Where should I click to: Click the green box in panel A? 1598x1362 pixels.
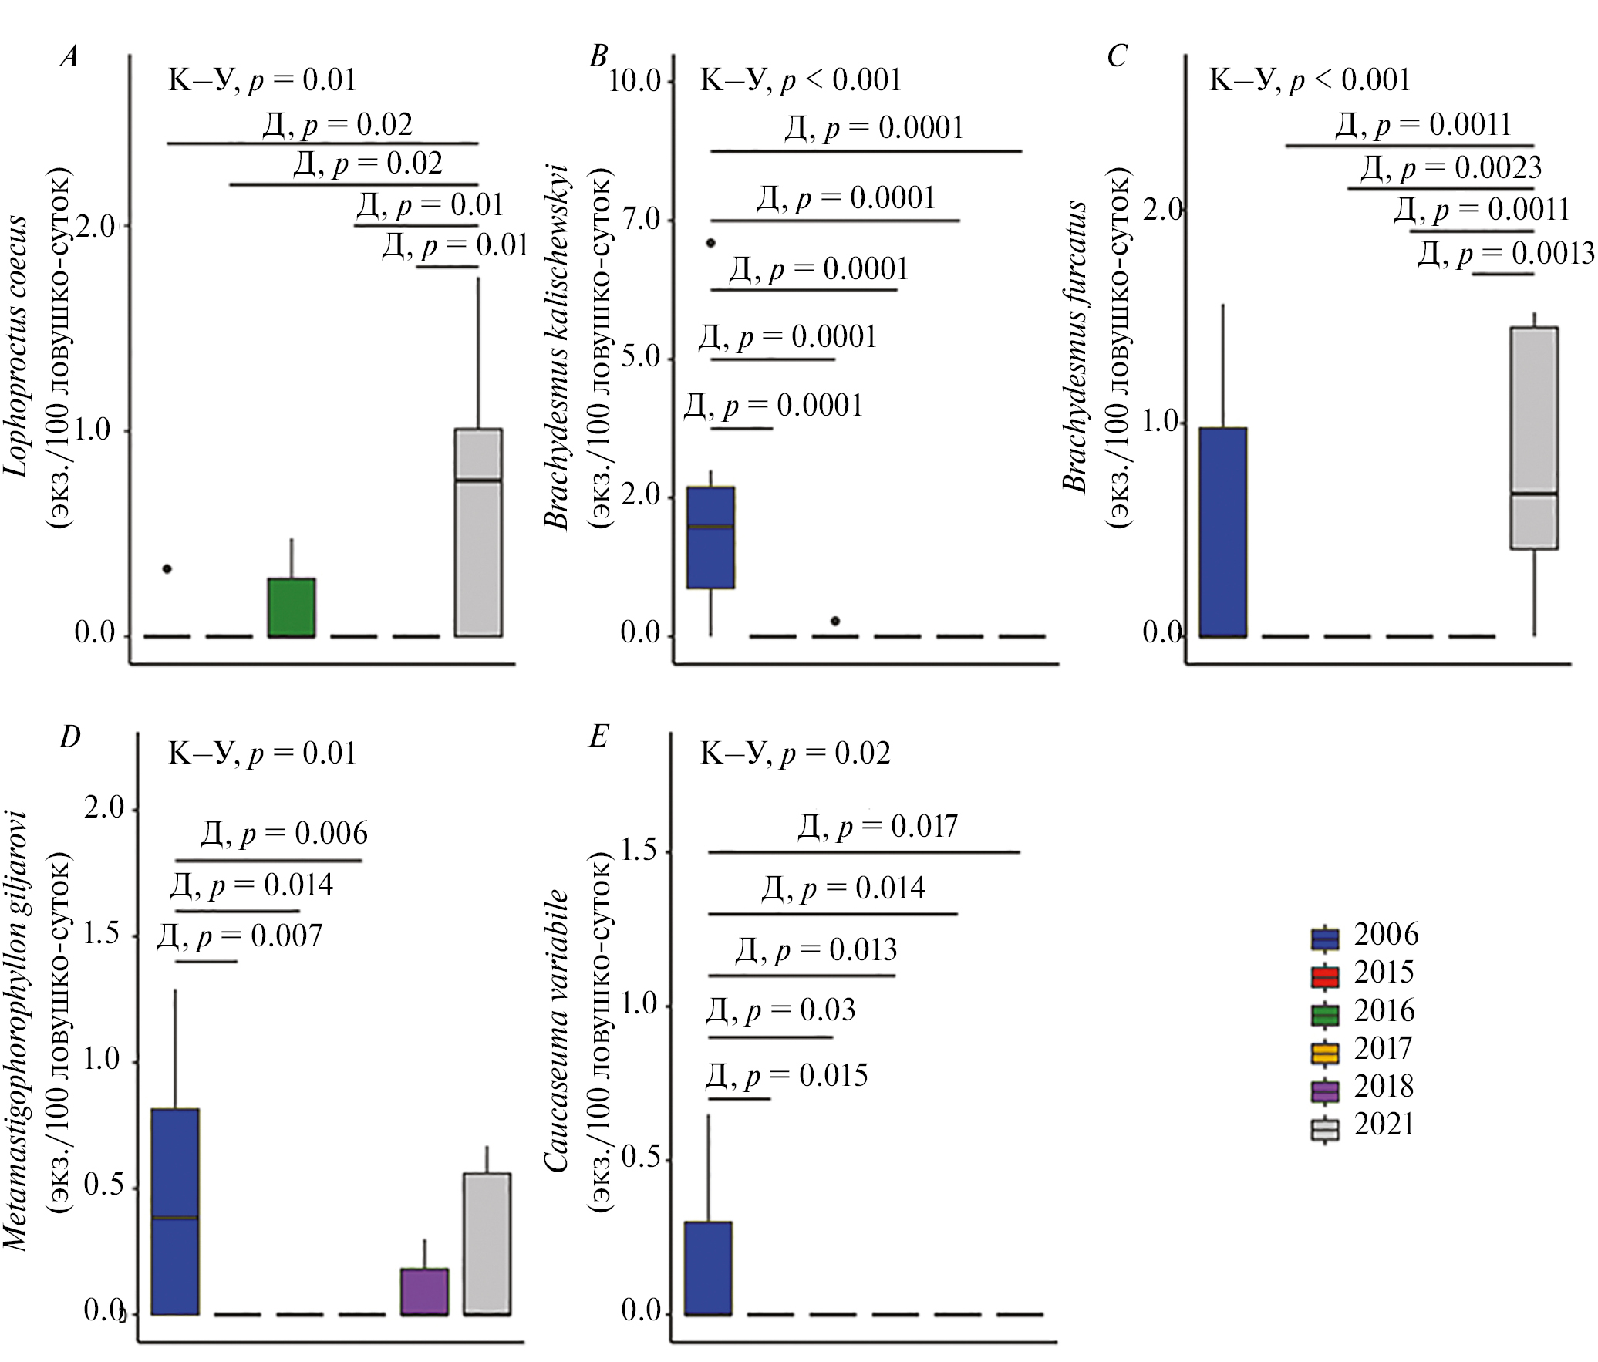pos(292,607)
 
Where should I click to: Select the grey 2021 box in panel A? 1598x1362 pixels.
pos(478,532)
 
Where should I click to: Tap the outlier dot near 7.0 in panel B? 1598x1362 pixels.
pos(711,243)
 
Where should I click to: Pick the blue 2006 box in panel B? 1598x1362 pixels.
pos(710,538)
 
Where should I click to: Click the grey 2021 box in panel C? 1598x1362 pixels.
pos(1534,438)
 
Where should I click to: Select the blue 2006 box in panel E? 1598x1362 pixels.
pos(708,1268)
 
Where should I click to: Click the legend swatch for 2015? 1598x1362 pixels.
pos(1325,977)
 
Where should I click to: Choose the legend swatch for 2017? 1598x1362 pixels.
pos(1325,1053)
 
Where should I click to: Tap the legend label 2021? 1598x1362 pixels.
pos(1384,1125)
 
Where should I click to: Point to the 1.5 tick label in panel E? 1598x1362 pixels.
pos(639,851)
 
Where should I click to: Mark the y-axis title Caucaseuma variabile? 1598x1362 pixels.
pos(558,1033)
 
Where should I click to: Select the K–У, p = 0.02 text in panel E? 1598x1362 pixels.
pos(795,753)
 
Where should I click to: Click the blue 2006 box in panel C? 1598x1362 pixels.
pos(1223,532)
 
